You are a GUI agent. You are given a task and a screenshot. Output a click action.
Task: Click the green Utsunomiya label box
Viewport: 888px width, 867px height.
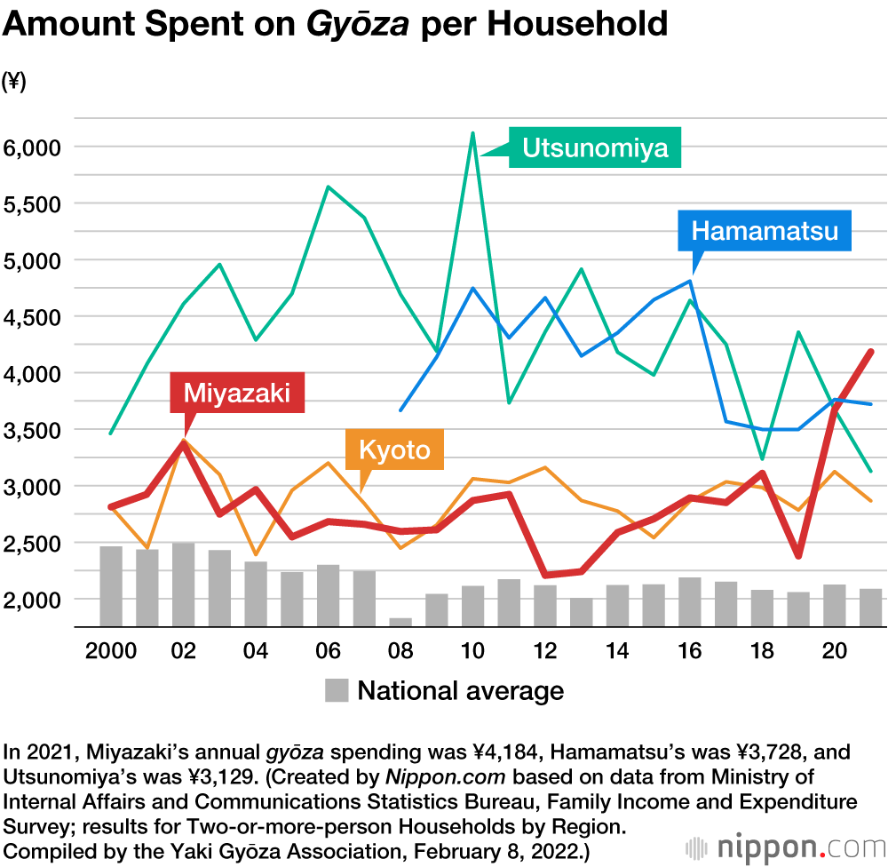pyautogui.click(x=594, y=147)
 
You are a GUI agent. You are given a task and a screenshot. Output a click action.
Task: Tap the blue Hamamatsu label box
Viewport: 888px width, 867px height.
pyautogui.click(x=765, y=232)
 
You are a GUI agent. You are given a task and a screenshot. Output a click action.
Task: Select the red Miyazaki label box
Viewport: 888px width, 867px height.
pyautogui.click(x=237, y=393)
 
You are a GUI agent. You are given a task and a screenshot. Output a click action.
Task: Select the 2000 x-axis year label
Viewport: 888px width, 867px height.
pyautogui.click(x=111, y=651)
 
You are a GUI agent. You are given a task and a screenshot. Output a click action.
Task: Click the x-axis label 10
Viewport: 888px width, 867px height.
pyautogui.click(x=472, y=651)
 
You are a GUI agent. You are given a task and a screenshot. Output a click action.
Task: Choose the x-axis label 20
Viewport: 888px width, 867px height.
pyautogui.click(x=834, y=651)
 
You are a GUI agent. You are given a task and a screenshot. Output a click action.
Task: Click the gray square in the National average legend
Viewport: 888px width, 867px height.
pyautogui.click(x=337, y=690)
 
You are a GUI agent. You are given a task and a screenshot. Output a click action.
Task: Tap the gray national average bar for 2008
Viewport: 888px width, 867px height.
pyautogui.click(x=400, y=622)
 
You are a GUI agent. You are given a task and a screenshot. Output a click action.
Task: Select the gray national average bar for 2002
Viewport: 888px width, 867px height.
pyautogui.click(x=183, y=584)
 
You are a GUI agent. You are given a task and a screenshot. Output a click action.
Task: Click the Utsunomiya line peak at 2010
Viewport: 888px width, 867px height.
pyautogui.click(x=472, y=133)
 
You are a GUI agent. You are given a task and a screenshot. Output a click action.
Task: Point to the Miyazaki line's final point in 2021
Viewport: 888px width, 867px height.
pyautogui.click(x=870, y=352)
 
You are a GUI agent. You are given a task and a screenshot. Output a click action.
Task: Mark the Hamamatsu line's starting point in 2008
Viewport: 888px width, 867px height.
pyautogui.click(x=400, y=410)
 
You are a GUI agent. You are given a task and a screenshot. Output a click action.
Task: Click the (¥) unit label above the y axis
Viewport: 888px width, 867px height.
pyautogui.click(x=14, y=82)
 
